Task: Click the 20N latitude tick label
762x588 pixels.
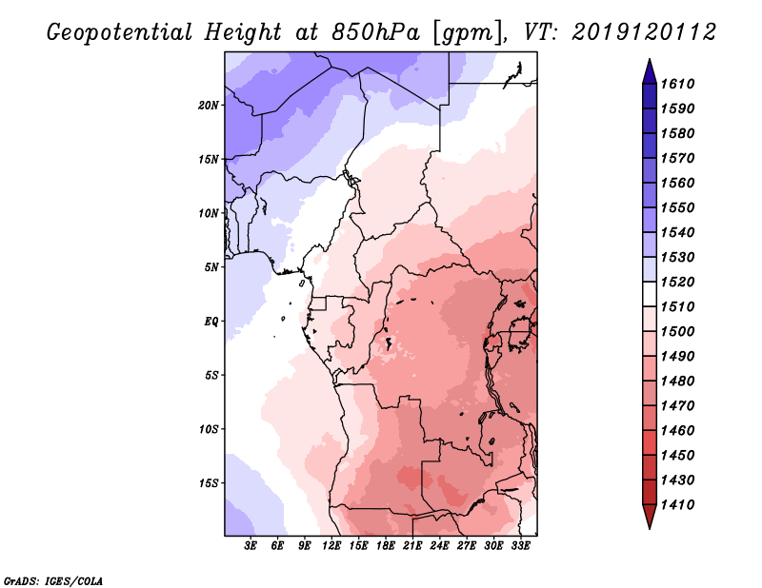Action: [x=209, y=105]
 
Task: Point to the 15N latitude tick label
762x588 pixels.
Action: [x=209, y=159]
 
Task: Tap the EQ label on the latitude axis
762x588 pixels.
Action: [x=211, y=321]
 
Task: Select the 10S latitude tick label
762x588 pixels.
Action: [x=209, y=429]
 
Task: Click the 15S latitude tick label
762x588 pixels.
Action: [x=209, y=483]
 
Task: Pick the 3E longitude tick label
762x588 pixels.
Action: [x=251, y=545]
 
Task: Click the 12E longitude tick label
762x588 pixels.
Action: [x=331, y=545]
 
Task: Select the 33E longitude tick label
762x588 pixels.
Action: [x=521, y=545]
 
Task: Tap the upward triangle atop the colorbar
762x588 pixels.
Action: [x=649, y=71]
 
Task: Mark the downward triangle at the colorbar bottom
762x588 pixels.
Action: [x=649, y=517]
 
